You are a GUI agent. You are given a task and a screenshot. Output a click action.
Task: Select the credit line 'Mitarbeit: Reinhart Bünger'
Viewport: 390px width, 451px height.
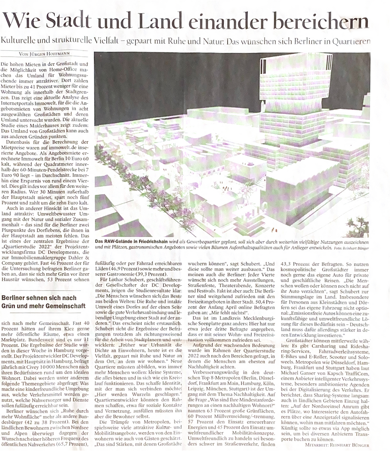[x=337, y=445]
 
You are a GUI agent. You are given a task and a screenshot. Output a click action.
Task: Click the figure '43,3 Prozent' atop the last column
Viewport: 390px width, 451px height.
[x=297, y=265]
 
